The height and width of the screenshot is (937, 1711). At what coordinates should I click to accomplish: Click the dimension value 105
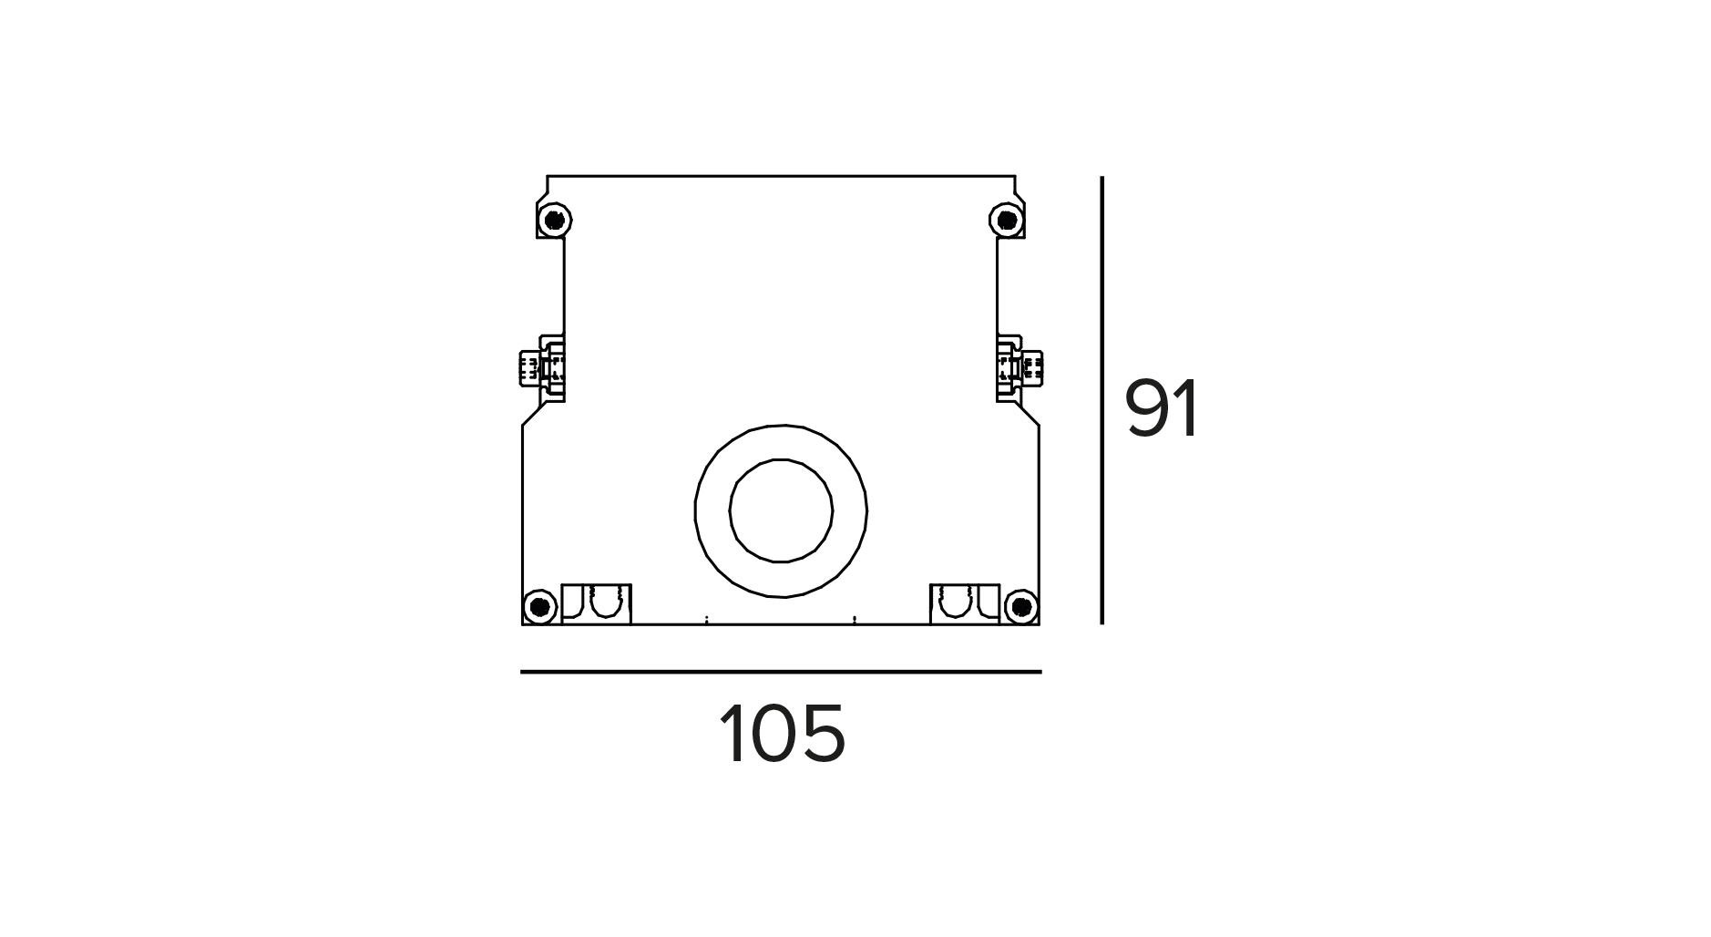(x=783, y=734)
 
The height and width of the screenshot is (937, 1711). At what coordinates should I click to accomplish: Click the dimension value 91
(x=1163, y=409)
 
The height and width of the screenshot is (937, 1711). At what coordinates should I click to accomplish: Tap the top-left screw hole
(x=553, y=220)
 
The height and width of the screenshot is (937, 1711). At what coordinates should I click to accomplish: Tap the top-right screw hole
(x=1006, y=220)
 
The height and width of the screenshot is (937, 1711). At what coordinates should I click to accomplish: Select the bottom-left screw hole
(x=540, y=606)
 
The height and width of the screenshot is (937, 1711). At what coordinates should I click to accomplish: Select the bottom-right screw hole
(x=1021, y=606)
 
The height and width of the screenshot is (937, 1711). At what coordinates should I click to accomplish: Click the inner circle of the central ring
(x=781, y=510)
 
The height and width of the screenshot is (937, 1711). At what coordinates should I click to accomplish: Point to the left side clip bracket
(x=543, y=368)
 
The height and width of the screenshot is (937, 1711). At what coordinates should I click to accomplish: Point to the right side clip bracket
(x=1019, y=368)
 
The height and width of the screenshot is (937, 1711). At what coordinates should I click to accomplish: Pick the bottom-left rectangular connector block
(x=597, y=604)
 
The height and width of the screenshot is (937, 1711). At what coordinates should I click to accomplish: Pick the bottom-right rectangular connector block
(x=965, y=604)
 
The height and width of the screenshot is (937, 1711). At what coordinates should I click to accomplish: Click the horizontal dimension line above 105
(x=781, y=672)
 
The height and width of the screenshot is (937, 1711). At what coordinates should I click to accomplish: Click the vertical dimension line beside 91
(x=1101, y=401)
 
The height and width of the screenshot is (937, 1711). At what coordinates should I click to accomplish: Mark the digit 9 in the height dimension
(x=1150, y=409)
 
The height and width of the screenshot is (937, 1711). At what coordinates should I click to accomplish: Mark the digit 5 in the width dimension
(x=825, y=734)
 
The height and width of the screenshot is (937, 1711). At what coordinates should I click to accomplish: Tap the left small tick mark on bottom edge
(x=707, y=621)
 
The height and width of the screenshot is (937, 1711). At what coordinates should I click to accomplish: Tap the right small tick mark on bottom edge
(x=855, y=621)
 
